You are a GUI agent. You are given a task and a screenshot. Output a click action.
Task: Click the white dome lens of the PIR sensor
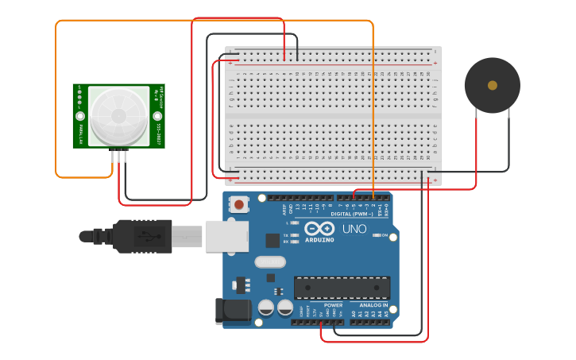[x=118, y=115]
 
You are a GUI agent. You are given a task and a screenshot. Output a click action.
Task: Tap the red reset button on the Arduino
[x=238, y=205]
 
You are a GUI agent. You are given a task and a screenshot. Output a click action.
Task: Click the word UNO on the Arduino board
[x=354, y=229]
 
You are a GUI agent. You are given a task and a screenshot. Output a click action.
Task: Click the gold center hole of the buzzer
[x=493, y=85]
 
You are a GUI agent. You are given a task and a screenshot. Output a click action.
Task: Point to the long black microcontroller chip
[x=342, y=288]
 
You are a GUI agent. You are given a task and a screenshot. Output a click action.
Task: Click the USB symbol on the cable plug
[x=144, y=236]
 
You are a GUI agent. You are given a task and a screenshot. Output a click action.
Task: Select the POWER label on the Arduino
[x=333, y=305]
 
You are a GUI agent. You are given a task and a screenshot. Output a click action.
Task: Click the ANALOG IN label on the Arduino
[x=373, y=305]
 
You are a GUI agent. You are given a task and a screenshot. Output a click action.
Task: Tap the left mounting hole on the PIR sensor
[x=80, y=116]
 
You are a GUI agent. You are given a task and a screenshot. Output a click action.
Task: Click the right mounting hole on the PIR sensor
[x=157, y=116]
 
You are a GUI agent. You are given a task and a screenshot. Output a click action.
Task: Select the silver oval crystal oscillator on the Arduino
[x=269, y=261]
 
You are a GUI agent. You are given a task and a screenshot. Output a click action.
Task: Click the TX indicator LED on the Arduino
[x=295, y=236]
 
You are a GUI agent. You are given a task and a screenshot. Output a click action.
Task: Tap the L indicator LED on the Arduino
[x=295, y=223]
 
